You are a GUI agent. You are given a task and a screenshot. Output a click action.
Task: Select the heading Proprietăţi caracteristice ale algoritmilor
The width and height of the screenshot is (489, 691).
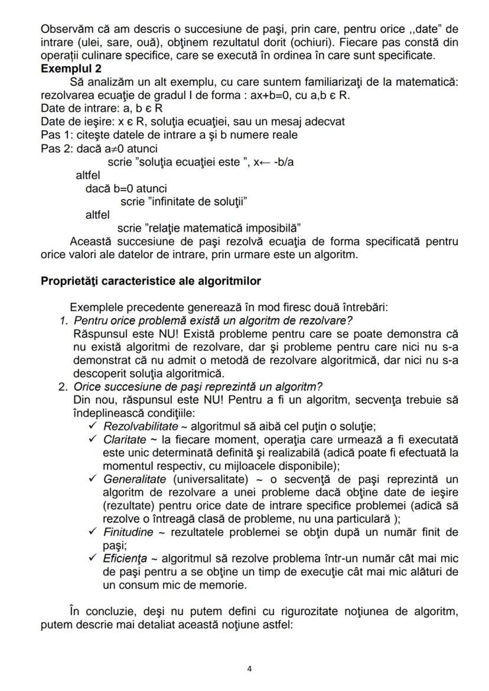click(x=151, y=281)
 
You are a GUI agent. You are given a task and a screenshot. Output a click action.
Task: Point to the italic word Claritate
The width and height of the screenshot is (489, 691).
click(x=125, y=440)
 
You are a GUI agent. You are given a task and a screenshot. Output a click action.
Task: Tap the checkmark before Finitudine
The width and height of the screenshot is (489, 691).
click(x=92, y=532)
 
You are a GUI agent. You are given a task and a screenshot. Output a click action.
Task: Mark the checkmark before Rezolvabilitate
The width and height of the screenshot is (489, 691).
click(x=92, y=426)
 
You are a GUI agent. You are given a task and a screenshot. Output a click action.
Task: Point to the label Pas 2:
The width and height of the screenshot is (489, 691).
click(x=57, y=148)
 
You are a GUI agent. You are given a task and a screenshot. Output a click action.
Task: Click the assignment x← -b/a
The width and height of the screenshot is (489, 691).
click(x=273, y=162)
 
